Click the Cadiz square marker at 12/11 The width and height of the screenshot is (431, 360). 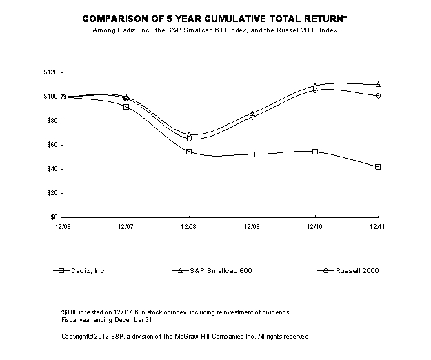click(x=378, y=167)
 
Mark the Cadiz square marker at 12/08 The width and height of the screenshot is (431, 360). click(x=189, y=152)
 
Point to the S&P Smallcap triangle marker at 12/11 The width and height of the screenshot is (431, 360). click(x=378, y=84)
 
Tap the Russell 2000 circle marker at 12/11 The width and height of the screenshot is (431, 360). click(x=378, y=96)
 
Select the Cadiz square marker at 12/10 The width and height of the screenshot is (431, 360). click(x=315, y=152)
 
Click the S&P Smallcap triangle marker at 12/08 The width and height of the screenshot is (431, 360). click(x=189, y=134)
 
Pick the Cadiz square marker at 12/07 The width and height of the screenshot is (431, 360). click(x=126, y=107)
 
